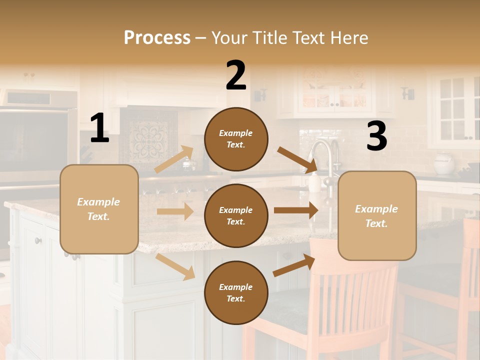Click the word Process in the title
(x=157, y=37)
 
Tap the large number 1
(x=99, y=128)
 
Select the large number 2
(x=236, y=75)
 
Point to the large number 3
(x=376, y=136)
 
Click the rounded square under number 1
(x=99, y=209)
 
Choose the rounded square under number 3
(x=377, y=215)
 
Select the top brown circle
(x=236, y=139)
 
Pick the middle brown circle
(x=236, y=215)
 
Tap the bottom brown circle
(x=236, y=292)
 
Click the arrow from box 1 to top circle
(x=174, y=159)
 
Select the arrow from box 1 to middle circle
(x=175, y=211)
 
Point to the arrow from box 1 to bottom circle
(x=175, y=266)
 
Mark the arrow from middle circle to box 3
(x=296, y=210)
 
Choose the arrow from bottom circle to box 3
(x=294, y=265)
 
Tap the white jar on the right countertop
(x=443, y=163)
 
